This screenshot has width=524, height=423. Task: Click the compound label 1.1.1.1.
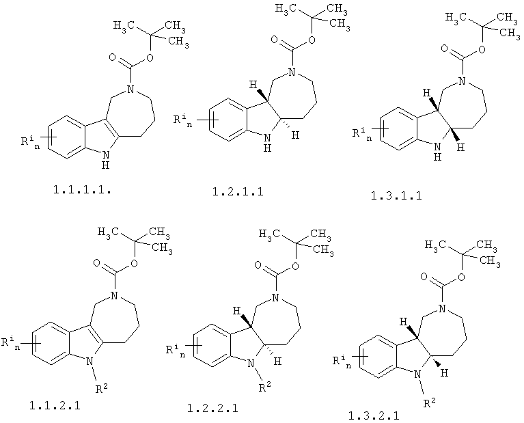pos(82,190)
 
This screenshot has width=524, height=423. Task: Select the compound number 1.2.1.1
pos(238,191)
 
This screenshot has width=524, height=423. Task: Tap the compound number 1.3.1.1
pos(396,195)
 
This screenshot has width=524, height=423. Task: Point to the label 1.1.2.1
pos(55,406)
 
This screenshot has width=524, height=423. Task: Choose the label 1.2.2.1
pos(212,408)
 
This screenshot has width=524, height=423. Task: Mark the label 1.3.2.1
pos(374,416)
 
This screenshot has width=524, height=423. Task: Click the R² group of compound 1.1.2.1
pos(102,389)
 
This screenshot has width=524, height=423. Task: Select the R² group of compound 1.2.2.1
pos(265,387)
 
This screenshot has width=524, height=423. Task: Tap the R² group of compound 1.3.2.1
pos(430,403)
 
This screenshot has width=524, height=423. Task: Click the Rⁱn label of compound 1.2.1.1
pos(183,121)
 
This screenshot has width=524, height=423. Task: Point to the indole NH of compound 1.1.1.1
pos(106,159)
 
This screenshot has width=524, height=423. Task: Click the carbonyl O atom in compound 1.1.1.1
pos(113,57)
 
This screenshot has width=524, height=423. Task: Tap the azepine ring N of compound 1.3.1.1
pos(462,81)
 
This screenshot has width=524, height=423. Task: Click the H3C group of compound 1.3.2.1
pos(435,245)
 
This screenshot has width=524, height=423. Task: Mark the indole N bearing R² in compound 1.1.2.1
pos(89,361)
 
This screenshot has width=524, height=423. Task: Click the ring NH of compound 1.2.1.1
pos(267,143)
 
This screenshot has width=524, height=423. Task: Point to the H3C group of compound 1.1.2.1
pos(109,232)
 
